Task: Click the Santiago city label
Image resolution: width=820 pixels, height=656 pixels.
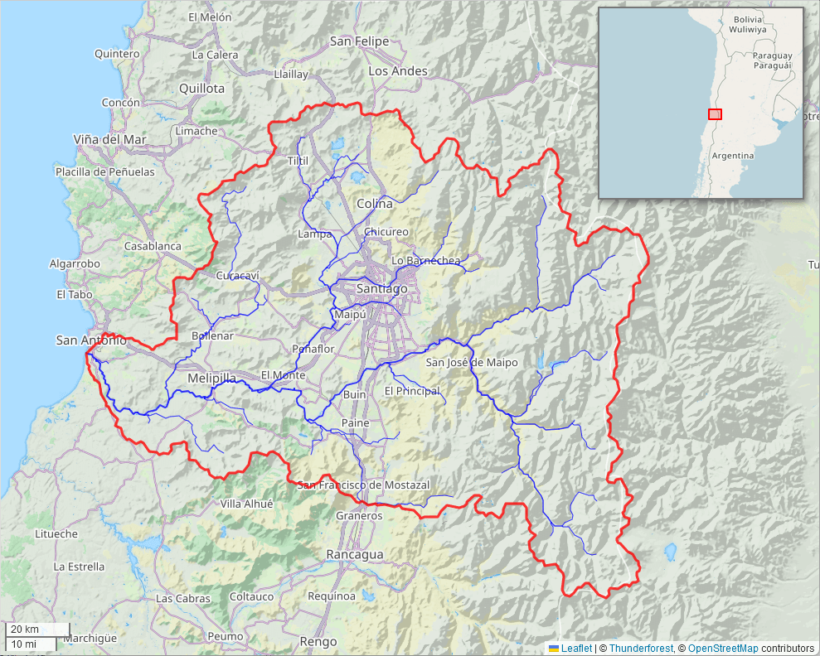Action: point(381,288)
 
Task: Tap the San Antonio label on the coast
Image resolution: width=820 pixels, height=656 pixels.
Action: point(91,340)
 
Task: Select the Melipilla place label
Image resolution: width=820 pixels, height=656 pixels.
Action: point(211,378)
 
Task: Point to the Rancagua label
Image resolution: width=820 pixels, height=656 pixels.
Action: point(355,554)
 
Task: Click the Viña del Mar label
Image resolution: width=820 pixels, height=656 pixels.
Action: point(109,139)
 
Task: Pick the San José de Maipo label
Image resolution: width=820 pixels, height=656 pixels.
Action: point(472,362)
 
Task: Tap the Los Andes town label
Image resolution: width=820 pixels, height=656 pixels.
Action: point(398,71)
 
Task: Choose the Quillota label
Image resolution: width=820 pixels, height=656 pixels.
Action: point(201,88)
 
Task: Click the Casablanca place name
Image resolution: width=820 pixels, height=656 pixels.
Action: point(153,246)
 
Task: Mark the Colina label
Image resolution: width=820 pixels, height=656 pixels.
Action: point(375,204)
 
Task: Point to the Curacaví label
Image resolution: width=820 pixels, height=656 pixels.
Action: point(238,275)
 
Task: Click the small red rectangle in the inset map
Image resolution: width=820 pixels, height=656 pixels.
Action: point(715,114)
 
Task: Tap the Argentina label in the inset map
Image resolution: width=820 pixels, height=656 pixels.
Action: point(732,156)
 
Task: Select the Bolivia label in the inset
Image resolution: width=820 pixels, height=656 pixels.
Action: point(748,19)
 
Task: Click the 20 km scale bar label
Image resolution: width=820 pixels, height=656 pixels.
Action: point(25,629)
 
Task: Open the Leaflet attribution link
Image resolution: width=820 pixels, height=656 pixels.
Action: point(576,649)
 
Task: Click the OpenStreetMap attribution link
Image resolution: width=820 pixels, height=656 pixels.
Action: point(722,649)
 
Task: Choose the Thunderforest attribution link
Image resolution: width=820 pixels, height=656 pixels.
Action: point(640,649)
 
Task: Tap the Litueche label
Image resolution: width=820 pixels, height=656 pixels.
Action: point(56,534)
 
